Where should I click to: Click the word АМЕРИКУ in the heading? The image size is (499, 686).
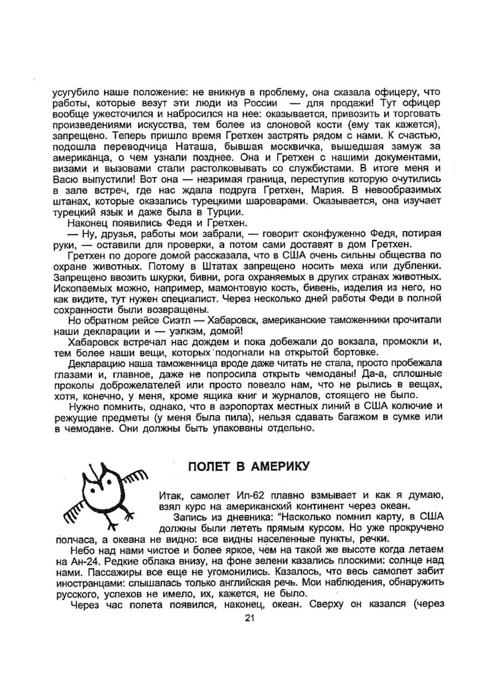point(276,466)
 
